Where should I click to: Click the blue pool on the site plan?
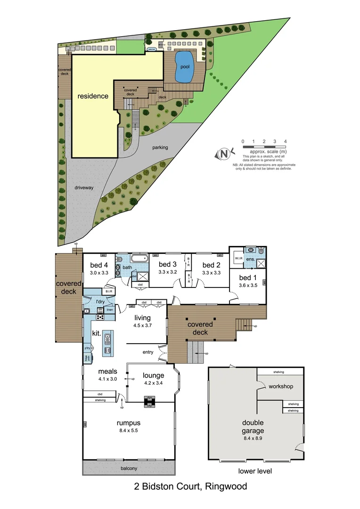tap(184, 67)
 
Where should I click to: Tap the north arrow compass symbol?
tap(224, 154)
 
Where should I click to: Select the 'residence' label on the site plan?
tap(93, 96)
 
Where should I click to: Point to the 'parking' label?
tap(160, 148)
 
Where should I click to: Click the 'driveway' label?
tap(84, 188)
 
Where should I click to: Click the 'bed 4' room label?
tap(99, 264)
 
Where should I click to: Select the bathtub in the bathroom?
tap(139, 259)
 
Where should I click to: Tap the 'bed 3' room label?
tap(167, 264)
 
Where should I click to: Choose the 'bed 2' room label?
tap(212, 264)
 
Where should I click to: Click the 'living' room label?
tap(142, 318)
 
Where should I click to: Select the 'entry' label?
tap(148, 352)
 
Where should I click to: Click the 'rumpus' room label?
tap(129, 422)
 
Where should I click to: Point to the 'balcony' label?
tap(128, 468)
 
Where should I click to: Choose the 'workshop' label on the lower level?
tap(281, 386)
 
